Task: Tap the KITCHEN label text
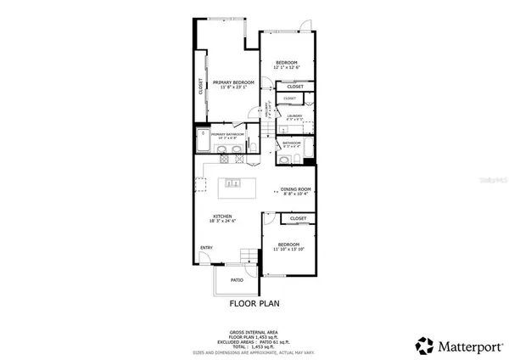coord(222,217)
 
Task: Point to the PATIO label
coord(237,278)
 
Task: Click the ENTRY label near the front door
coord(206,248)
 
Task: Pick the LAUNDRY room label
coord(294,116)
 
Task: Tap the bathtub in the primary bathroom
coord(204,141)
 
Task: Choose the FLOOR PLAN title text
coord(255,302)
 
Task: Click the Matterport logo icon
coord(424,345)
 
